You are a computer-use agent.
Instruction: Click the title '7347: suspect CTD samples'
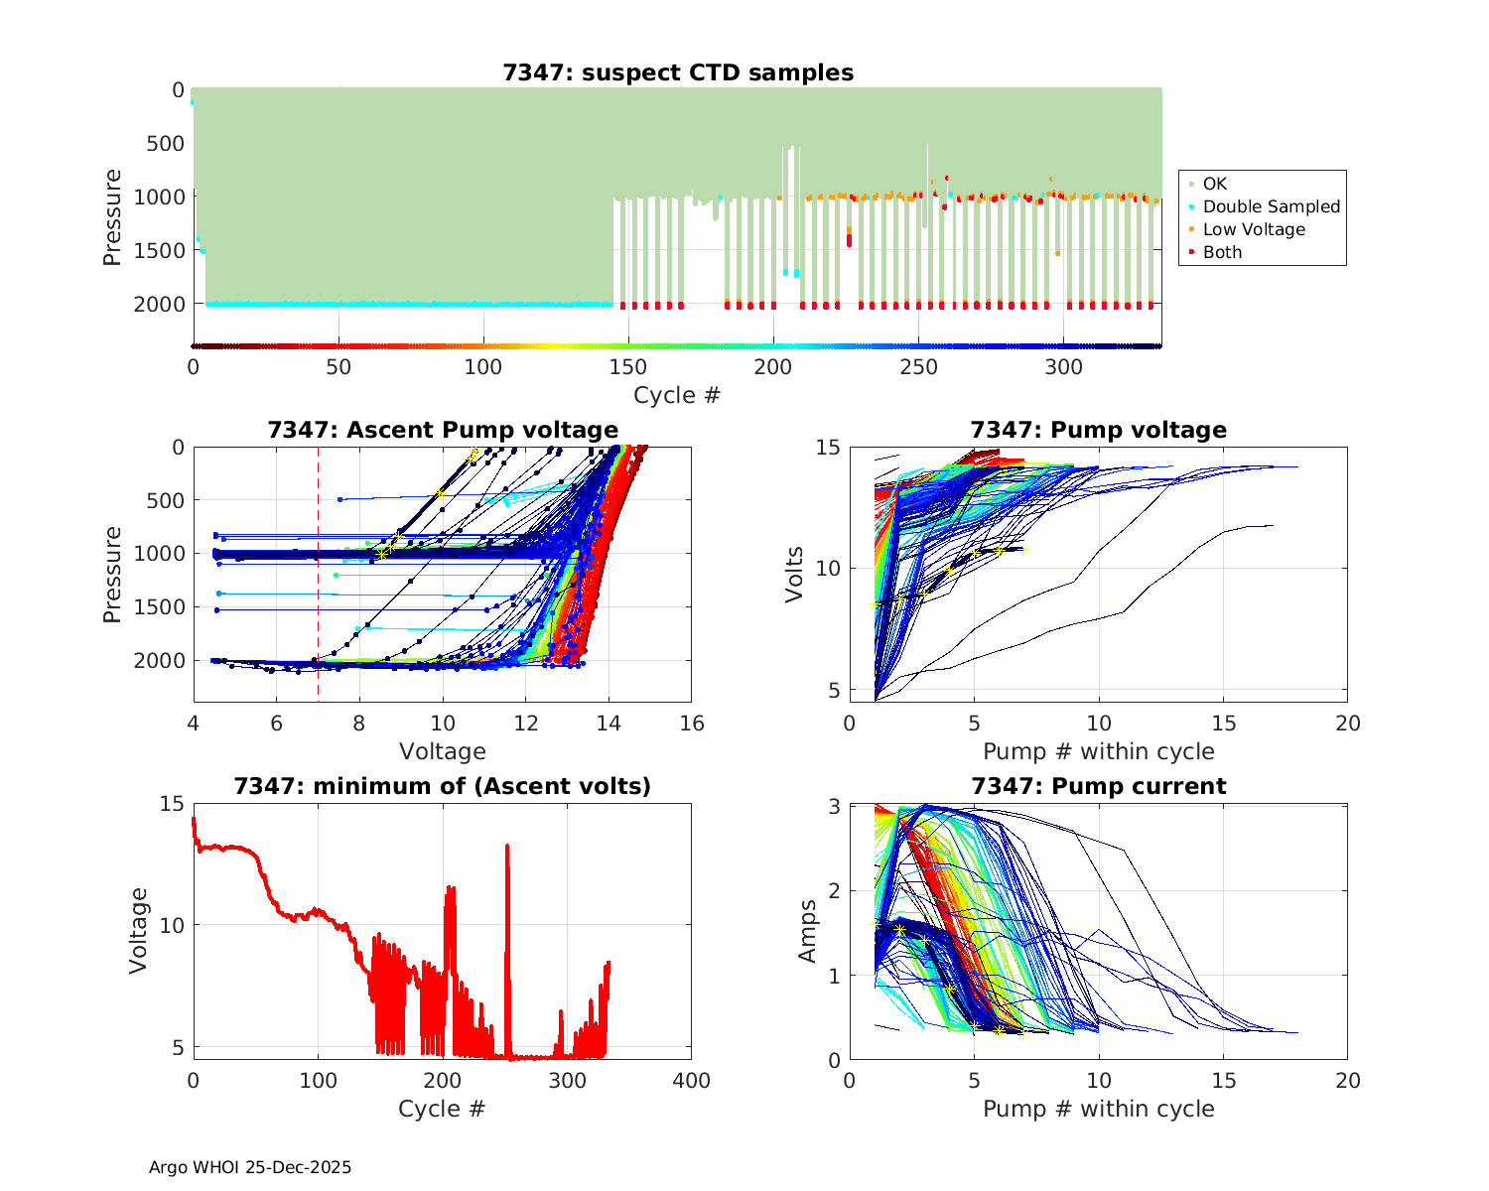tap(678, 72)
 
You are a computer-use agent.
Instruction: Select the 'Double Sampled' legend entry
tap(1271, 206)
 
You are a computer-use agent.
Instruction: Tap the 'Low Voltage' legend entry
tap(1254, 229)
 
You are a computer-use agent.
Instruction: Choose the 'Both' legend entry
tap(1222, 252)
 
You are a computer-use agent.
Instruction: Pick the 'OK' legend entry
tap(1214, 184)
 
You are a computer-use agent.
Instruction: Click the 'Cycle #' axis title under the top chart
tap(677, 395)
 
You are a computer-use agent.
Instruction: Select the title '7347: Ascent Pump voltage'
tap(443, 430)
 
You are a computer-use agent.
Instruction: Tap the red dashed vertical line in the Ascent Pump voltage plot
tap(318, 595)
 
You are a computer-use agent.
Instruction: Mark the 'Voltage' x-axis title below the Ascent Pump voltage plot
tap(443, 751)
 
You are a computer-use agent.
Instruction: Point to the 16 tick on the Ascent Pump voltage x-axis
tap(692, 724)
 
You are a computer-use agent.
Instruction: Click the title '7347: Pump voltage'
tap(1098, 430)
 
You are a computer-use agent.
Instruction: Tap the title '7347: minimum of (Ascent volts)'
tap(443, 786)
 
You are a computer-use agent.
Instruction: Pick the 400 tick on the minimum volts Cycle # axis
tap(692, 1081)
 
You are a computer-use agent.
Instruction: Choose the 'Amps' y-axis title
tap(808, 930)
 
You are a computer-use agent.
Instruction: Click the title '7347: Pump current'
tap(1098, 786)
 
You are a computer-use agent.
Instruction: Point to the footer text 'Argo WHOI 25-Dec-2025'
tap(250, 1167)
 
